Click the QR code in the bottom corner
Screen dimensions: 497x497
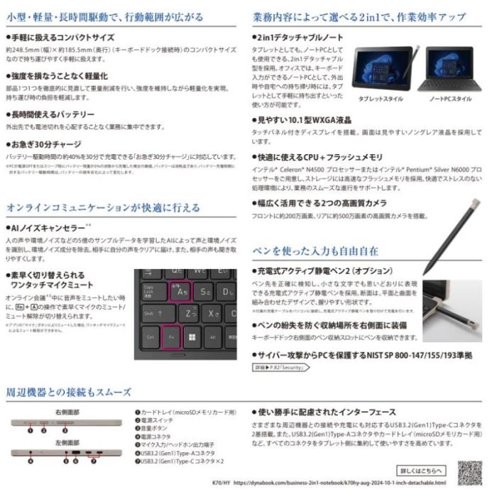(x=469, y=472)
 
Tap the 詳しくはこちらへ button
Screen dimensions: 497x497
(x=422, y=470)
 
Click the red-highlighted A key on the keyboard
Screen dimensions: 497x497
(x=181, y=290)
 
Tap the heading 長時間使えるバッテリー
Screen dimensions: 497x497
(x=51, y=114)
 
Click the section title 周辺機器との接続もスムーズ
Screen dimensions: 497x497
(x=69, y=391)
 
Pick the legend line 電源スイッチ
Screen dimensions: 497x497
(x=159, y=420)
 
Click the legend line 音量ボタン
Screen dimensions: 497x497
(x=156, y=429)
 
